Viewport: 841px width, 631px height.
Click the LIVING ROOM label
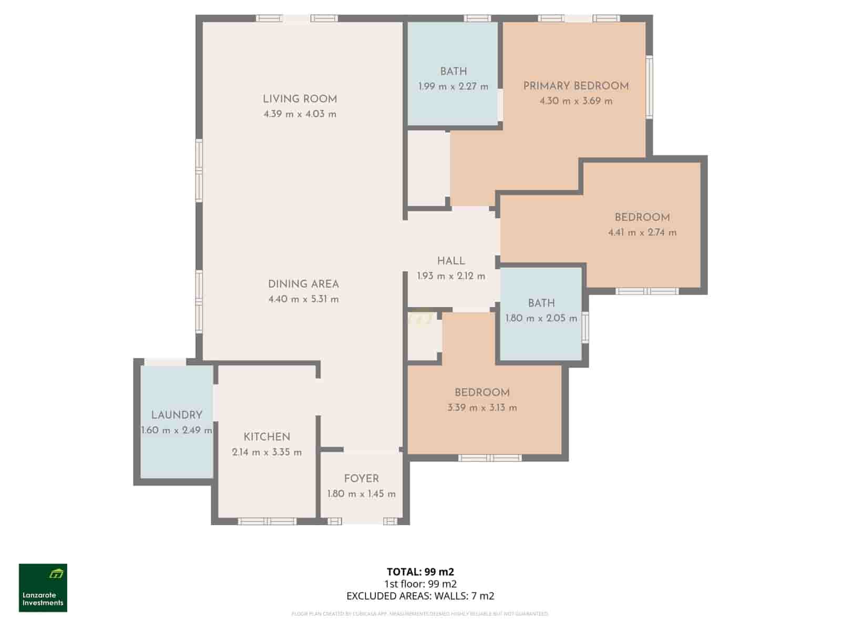[300, 99]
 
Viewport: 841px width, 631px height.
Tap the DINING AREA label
[303, 284]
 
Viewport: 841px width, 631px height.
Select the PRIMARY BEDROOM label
[576, 86]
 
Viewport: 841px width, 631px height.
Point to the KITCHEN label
[267, 437]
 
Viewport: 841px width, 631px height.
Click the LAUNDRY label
[177, 415]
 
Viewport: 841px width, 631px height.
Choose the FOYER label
[361, 479]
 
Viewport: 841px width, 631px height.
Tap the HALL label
[451, 261]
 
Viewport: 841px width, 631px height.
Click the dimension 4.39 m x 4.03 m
[300, 114]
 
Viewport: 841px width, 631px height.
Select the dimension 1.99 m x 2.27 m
[453, 86]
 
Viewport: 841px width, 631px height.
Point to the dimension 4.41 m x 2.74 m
[642, 232]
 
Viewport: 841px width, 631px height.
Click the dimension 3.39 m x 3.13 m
[482, 408]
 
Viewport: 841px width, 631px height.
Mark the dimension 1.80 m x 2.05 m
[541, 318]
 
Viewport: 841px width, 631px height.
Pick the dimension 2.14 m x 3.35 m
[267, 452]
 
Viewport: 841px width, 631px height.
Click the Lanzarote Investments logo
[43, 588]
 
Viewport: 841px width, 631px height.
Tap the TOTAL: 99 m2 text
[420, 572]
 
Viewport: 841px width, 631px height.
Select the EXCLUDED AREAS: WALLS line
[420, 596]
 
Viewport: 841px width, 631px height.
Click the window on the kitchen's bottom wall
[268, 522]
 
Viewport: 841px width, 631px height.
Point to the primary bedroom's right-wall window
[650, 87]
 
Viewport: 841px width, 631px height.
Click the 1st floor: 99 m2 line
[420, 584]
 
